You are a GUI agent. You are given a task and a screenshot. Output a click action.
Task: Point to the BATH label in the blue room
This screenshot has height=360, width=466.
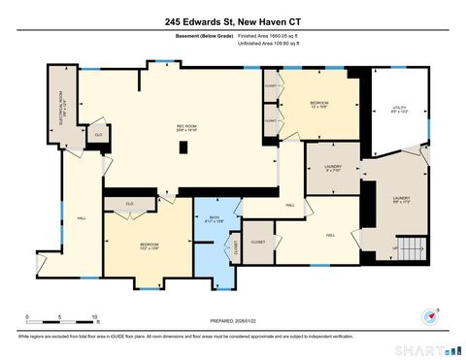216,220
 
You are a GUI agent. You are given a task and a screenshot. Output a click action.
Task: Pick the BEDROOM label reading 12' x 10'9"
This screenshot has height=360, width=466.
318,105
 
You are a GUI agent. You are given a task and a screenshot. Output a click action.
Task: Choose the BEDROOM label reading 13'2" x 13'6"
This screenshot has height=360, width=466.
149,245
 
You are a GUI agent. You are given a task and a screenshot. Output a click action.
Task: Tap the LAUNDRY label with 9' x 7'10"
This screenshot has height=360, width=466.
332,168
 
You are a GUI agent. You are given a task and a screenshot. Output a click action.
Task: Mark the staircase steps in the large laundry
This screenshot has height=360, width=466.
414,249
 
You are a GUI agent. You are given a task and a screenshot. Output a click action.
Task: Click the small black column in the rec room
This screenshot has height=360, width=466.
183,147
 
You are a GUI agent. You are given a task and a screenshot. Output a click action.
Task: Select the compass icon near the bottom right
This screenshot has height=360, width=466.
430,315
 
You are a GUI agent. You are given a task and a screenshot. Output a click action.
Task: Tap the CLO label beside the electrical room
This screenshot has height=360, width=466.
98,134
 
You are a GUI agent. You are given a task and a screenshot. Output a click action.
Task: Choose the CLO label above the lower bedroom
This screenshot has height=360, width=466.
128,204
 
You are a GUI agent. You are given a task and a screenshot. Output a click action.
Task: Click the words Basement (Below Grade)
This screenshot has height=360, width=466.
189,35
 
